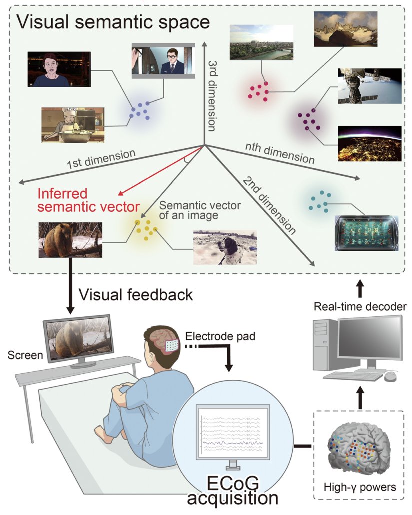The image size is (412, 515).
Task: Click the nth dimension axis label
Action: tap(279, 152)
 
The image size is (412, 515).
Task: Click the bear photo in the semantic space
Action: tap(70, 240)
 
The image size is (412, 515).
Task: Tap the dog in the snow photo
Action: tap(225, 247)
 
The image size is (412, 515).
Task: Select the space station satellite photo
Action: tap(369, 86)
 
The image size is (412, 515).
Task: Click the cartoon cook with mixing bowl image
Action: tap(73, 125)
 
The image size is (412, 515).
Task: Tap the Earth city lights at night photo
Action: tap(369, 144)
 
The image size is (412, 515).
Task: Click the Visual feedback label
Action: tap(135, 295)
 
